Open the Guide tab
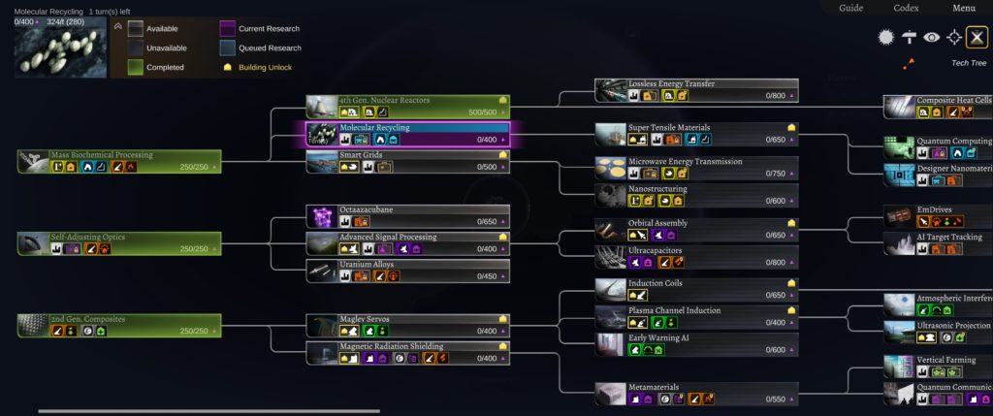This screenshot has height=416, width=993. pyautogui.click(x=850, y=8)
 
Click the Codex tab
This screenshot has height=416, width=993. pyautogui.click(x=906, y=8)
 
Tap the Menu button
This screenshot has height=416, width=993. pyautogui.click(x=963, y=8)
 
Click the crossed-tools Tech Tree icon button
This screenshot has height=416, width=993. pyautogui.click(x=977, y=37)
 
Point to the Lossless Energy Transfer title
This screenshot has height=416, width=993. pyautogui.click(x=671, y=84)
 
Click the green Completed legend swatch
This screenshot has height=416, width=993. pyautogui.click(x=129, y=67)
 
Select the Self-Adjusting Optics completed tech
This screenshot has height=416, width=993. pyautogui.click(x=119, y=242)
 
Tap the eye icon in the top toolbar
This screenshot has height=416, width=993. pyautogui.click(x=931, y=37)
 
